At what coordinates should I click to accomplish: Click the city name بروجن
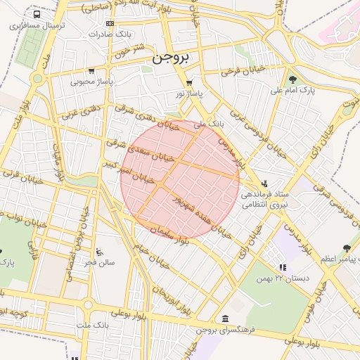[171, 58]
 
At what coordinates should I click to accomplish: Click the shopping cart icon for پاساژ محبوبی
[91, 71]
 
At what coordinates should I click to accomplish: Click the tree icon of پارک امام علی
[293, 79]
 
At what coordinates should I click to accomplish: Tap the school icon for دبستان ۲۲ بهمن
[282, 267]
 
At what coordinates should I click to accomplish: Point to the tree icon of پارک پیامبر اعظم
[346, 248]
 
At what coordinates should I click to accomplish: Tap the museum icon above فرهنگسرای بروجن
[224, 318]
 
